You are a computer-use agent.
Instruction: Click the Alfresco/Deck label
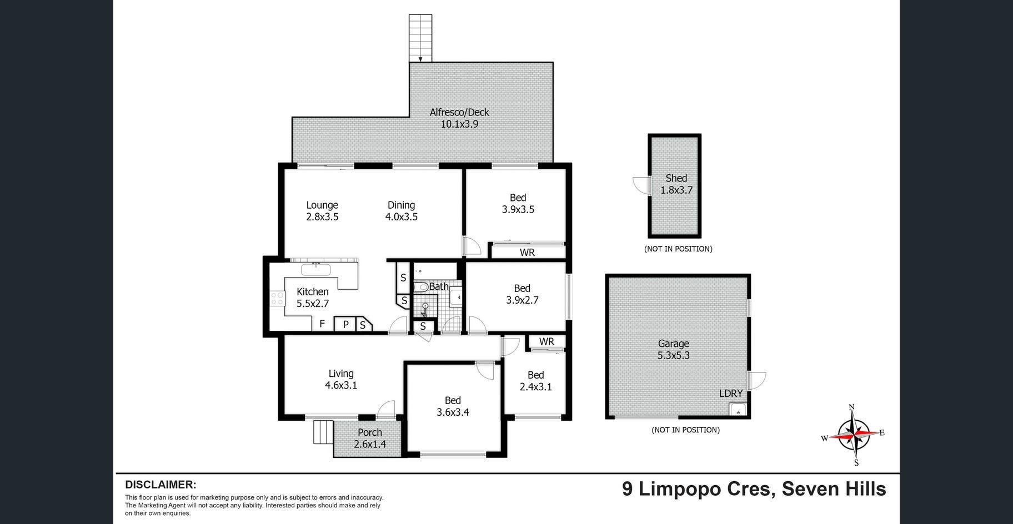[x=459, y=112]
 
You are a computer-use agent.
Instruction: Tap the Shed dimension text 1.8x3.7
[x=676, y=190]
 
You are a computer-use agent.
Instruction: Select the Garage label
[x=674, y=344]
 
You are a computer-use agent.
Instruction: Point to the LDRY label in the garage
[x=731, y=393]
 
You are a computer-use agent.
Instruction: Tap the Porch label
[x=370, y=432]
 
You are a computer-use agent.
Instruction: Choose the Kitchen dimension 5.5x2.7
[x=313, y=304]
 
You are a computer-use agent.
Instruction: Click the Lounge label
[x=322, y=205]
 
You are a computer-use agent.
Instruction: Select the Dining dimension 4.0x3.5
[x=402, y=217]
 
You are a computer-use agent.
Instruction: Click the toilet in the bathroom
[x=420, y=287]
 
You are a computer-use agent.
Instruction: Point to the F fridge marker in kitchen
[x=322, y=324]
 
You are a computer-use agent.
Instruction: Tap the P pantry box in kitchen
[x=345, y=324]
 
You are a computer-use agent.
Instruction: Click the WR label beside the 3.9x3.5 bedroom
[x=527, y=253]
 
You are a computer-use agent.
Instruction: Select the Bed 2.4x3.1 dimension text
[x=536, y=387]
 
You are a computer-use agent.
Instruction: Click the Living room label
[x=341, y=374]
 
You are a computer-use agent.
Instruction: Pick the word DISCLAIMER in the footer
[x=161, y=485]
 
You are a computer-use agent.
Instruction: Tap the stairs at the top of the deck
[x=420, y=38]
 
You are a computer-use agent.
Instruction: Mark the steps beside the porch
[x=323, y=432]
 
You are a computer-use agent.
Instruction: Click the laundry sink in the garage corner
[x=738, y=410]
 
